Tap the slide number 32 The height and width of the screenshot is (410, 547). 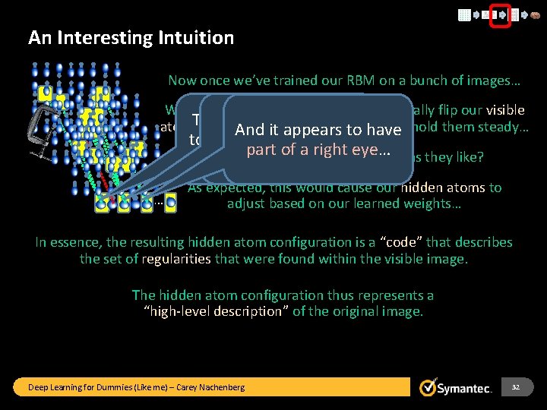point(516,387)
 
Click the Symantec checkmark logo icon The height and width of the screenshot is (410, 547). point(429,388)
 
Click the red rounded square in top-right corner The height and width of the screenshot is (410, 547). point(500,14)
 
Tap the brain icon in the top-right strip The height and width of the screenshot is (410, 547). point(535,14)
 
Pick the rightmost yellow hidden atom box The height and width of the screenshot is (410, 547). point(171,203)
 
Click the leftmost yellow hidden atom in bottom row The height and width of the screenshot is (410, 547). point(102,203)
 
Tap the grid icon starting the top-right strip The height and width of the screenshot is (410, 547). point(463,14)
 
